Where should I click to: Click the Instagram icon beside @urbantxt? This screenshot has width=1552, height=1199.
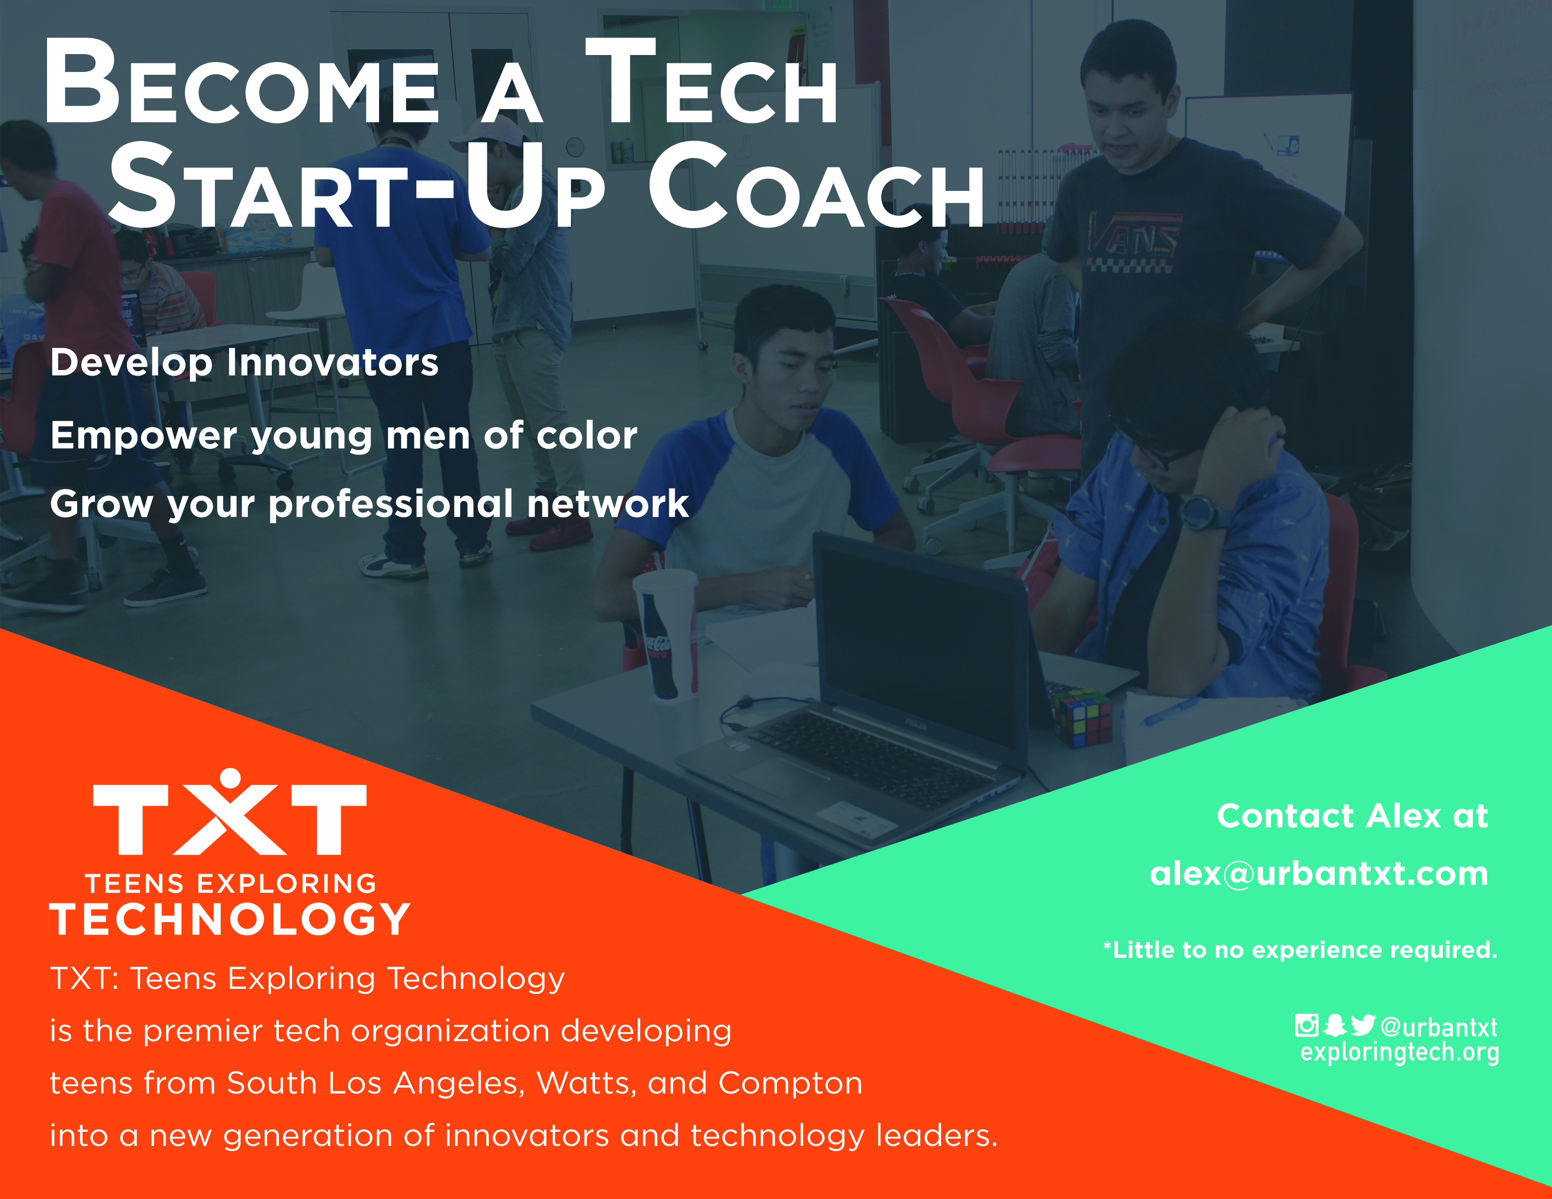[x=1306, y=1025]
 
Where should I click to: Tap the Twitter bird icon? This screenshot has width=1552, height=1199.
[x=1363, y=1025]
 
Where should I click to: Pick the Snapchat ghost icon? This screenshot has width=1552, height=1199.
[x=1335, y=1025]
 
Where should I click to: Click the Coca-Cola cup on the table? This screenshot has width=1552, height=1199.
[x=666, y=635]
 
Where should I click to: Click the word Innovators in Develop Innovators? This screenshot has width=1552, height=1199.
[x=333, y=362]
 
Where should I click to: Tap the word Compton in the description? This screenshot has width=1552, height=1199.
[x=790, y=1084]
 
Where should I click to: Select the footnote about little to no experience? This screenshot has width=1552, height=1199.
[x=1300, y=950]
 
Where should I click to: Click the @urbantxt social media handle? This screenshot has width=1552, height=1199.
[x=1438, y=1027]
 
